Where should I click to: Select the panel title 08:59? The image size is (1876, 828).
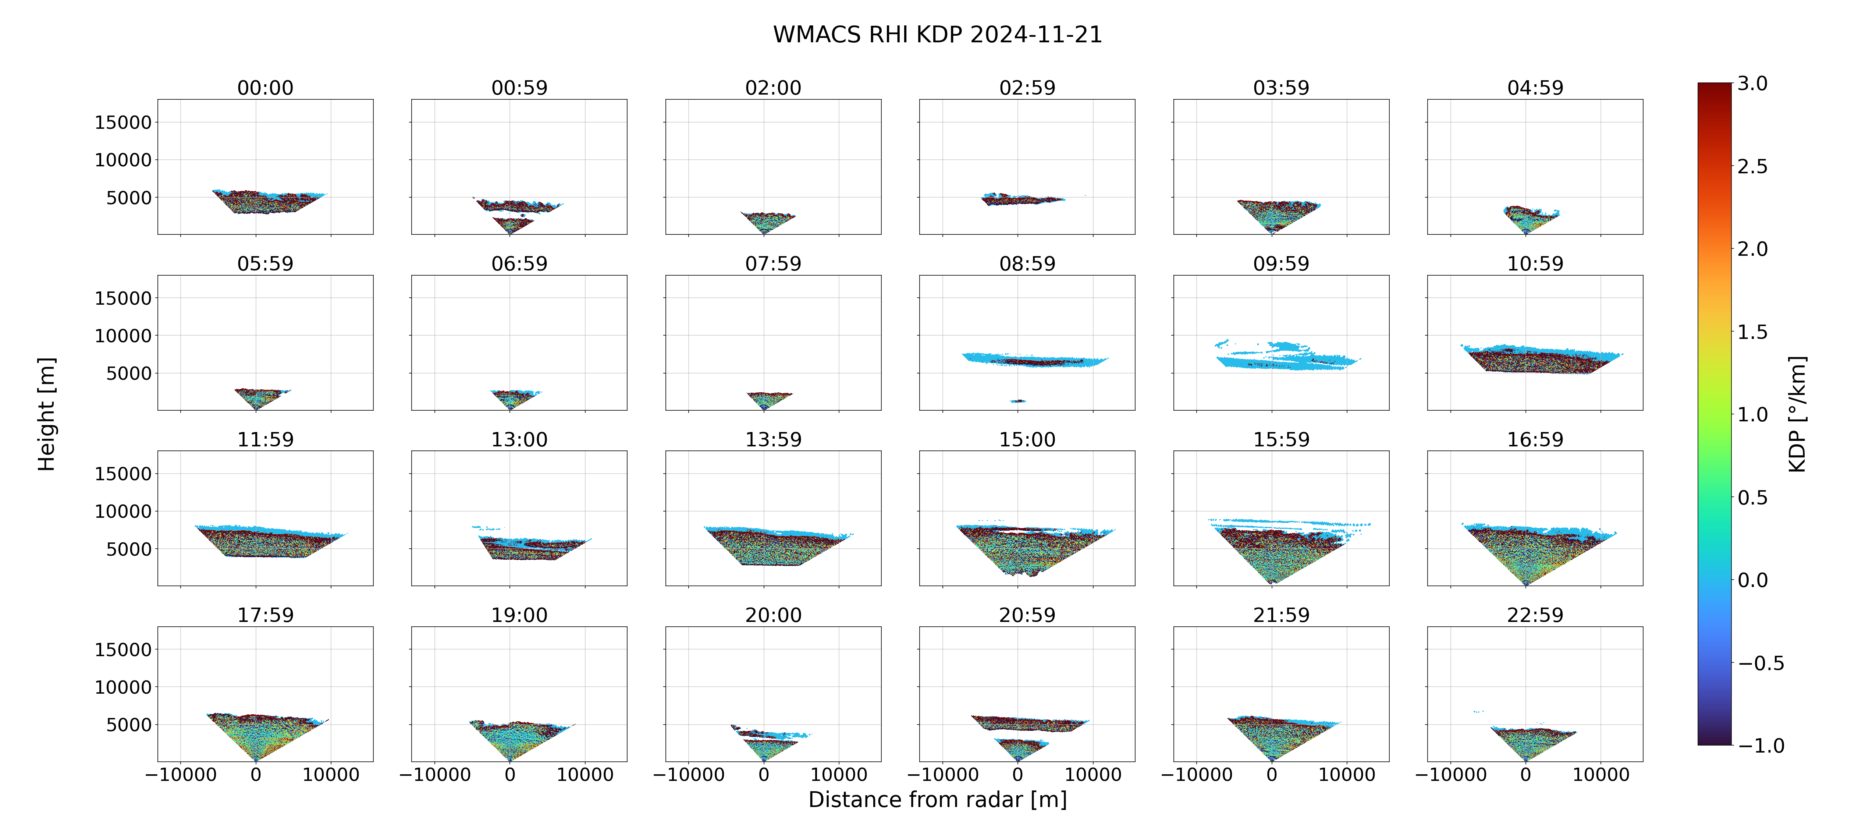coord(1027,264)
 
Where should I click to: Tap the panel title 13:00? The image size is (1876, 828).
coord(519,439)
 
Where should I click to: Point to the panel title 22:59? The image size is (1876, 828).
coord(1535,615)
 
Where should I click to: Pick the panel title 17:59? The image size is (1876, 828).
coord(265,615)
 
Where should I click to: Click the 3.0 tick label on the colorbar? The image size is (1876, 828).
coord(1752,84)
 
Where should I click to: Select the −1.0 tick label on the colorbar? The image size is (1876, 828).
coord(1761,746)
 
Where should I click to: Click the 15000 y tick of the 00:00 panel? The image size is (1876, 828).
coord(123,123)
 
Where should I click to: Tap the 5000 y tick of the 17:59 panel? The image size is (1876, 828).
coord(129,725)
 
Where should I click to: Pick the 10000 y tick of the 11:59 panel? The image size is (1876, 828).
coord(123,512)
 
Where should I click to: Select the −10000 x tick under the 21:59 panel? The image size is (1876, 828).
coord(1197,775)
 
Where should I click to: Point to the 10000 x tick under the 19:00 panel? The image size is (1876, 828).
coord(585,775)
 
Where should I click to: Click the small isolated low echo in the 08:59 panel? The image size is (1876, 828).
coord(1017,401)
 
